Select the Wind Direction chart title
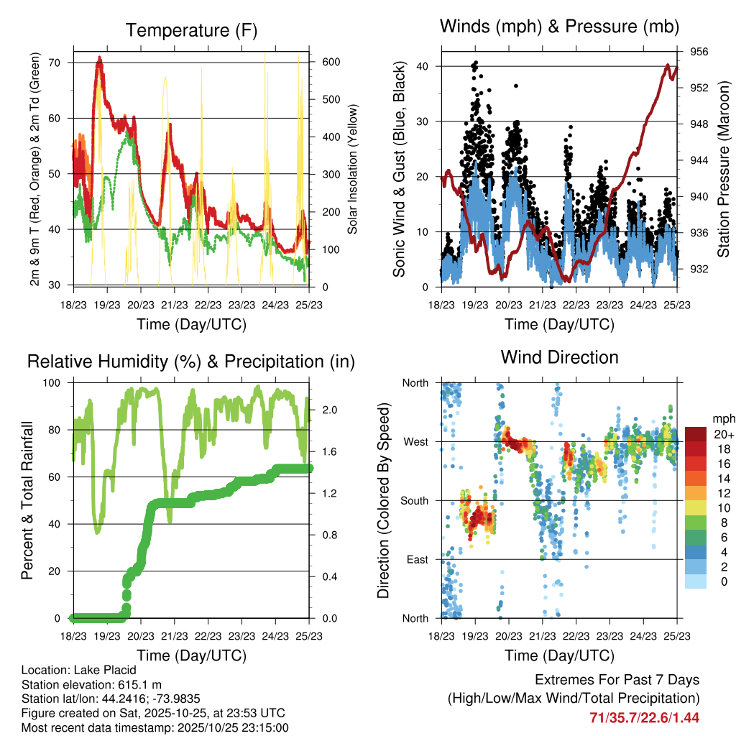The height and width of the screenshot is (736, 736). [559, 357]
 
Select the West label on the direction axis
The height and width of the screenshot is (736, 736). [415, 442]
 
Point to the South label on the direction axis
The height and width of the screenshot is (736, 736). [414, 501]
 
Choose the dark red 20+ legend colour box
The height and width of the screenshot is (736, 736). [696, 433]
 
